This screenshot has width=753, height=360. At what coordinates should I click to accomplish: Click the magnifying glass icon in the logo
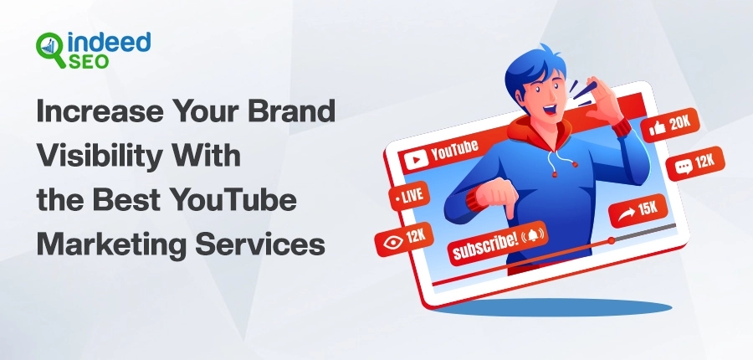click(50, 49)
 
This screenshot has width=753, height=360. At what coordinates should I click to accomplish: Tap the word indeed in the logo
click(110, 44)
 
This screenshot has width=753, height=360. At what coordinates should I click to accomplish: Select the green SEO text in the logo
click(89, 61)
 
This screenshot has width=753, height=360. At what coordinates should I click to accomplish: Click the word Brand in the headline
click(291, 111)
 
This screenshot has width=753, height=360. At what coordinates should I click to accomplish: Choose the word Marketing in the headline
click(111, 244)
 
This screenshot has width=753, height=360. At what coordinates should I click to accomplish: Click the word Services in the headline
click(260, 244)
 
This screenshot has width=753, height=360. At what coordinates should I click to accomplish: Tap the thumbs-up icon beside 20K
click(657, 128)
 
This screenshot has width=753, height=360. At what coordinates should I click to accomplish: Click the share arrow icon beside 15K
click(626, 213)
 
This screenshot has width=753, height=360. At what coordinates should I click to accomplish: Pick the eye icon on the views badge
click(393, 241)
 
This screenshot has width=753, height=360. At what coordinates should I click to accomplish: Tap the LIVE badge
click(408, 196)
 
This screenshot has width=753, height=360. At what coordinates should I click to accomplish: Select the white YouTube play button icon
click(416, 159)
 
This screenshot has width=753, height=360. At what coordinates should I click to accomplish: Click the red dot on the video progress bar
click(611, 240)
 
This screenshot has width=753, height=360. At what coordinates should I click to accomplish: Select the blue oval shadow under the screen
click(552, 307)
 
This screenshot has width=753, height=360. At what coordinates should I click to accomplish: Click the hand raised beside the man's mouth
click(602, 100)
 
